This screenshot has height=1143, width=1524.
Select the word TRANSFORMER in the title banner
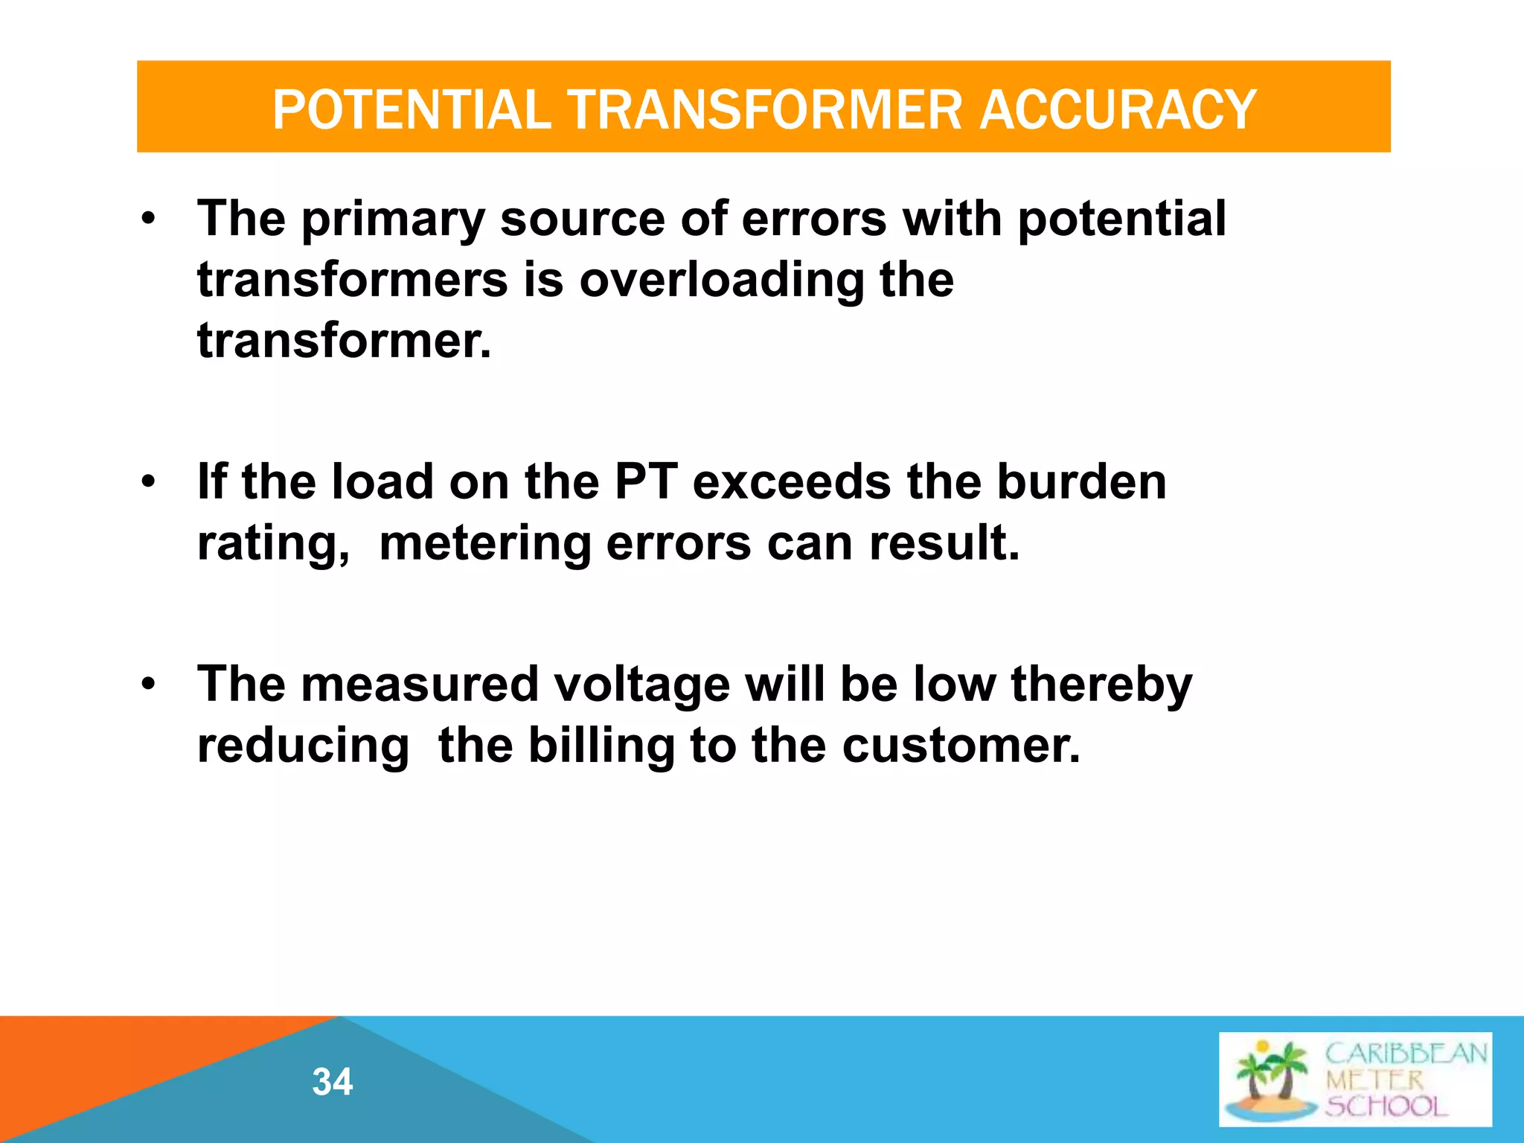tap(766, 109)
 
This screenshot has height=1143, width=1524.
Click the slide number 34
tap(333, 1081)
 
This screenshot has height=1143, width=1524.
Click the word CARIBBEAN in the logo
tap(1406, 1054)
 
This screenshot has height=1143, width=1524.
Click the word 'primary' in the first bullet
tap(392, 221)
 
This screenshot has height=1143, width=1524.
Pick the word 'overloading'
tap(721, 281)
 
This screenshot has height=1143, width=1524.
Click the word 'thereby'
tap(1101, 686)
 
